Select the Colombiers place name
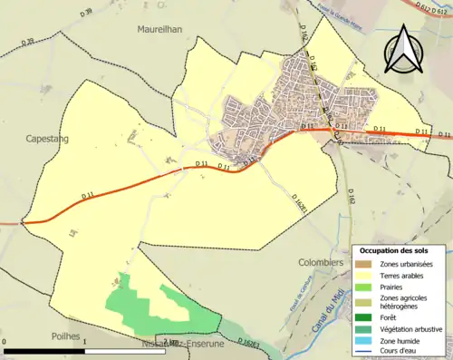[320, 263]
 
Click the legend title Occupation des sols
[400, 249]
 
